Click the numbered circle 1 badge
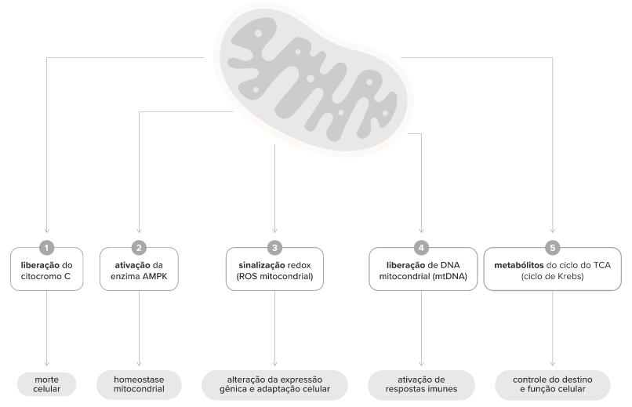47,248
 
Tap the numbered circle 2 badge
139,248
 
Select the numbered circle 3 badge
275,248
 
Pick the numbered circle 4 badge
422,248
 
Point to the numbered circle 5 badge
553,248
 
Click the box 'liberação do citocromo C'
47,269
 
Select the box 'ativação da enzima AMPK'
139,269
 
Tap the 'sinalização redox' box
275,269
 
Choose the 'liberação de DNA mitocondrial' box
423,269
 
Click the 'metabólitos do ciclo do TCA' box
553,269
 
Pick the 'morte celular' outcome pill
47,384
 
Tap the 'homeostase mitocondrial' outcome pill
139,384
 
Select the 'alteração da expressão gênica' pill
275,384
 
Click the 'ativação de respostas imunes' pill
422,384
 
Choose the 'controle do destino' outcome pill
553,384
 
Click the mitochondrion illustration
314,78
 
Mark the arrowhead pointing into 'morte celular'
47,364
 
